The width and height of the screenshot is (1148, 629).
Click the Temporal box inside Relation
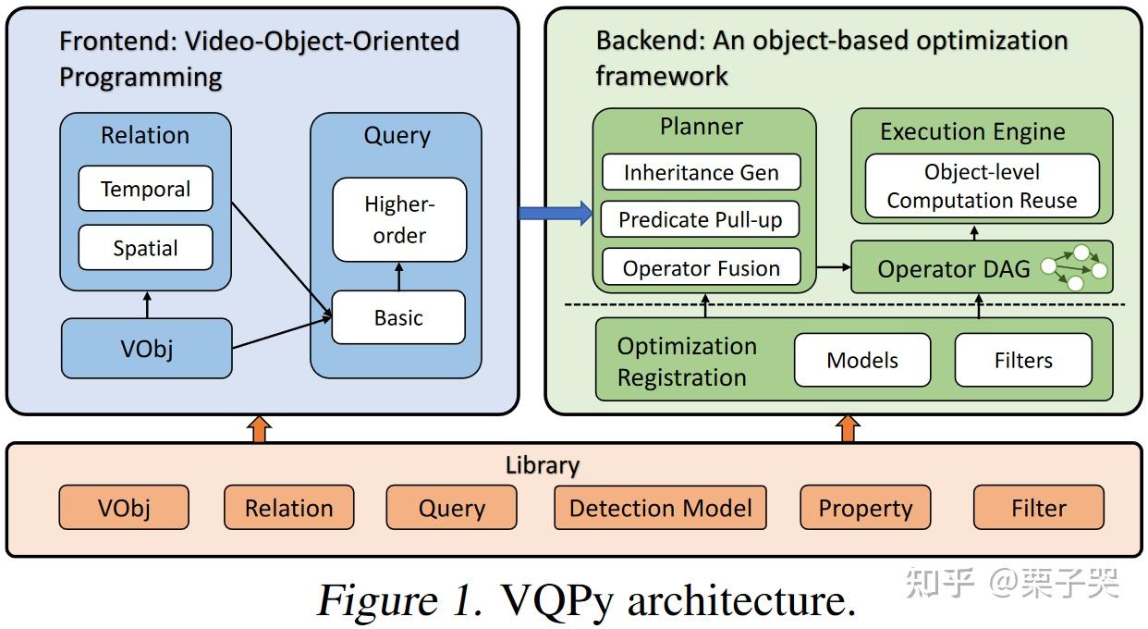145,189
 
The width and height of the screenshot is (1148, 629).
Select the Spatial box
145,248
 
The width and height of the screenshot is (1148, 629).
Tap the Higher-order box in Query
399,219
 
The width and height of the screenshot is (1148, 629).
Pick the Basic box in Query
398,317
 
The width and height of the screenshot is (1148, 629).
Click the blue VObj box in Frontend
147,349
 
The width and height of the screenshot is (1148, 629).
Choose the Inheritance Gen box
702,172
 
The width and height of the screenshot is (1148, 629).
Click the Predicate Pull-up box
700,219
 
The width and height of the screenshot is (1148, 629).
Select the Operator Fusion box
702,267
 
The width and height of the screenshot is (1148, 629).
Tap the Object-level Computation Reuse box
982,186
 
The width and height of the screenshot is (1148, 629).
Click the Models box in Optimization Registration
862,360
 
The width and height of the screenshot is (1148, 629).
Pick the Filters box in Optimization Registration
1023,360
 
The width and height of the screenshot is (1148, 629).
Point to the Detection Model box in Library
661,508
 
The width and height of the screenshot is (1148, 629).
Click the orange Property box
865,508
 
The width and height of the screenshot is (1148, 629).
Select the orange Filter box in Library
1039,508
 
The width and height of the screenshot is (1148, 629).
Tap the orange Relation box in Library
289,508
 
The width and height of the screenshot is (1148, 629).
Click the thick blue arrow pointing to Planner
556,213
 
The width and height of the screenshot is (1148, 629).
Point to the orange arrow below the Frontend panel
260,429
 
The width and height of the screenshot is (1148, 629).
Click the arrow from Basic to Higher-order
399,277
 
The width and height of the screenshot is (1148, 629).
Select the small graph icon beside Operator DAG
1074,267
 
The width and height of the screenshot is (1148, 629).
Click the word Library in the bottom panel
543,465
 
